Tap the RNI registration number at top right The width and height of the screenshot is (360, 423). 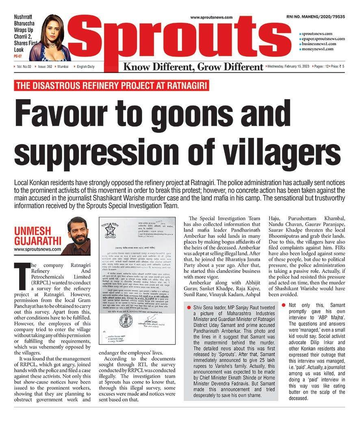316,17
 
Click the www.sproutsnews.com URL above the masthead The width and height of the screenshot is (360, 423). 211,17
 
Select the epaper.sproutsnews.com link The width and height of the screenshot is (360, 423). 323,39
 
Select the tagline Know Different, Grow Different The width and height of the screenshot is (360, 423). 193,66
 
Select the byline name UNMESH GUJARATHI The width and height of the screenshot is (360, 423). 37,233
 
